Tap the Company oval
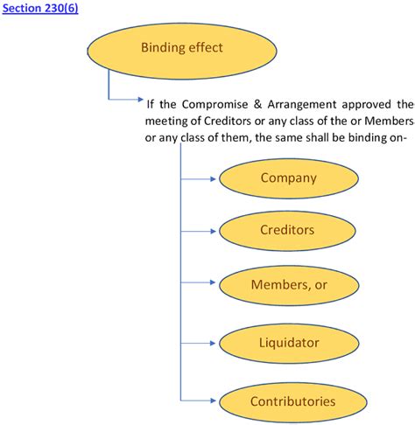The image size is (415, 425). pyautogui.click(x=288, y=178)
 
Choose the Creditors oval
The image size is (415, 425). pyautogui.click(x=288, y=232)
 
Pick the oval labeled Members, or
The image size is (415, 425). pyautogui.click(x=288, y=286)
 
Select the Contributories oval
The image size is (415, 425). pyautogui.click(x=292, y=402)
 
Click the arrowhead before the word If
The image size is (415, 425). pyautogui.click(x=138, y=99)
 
